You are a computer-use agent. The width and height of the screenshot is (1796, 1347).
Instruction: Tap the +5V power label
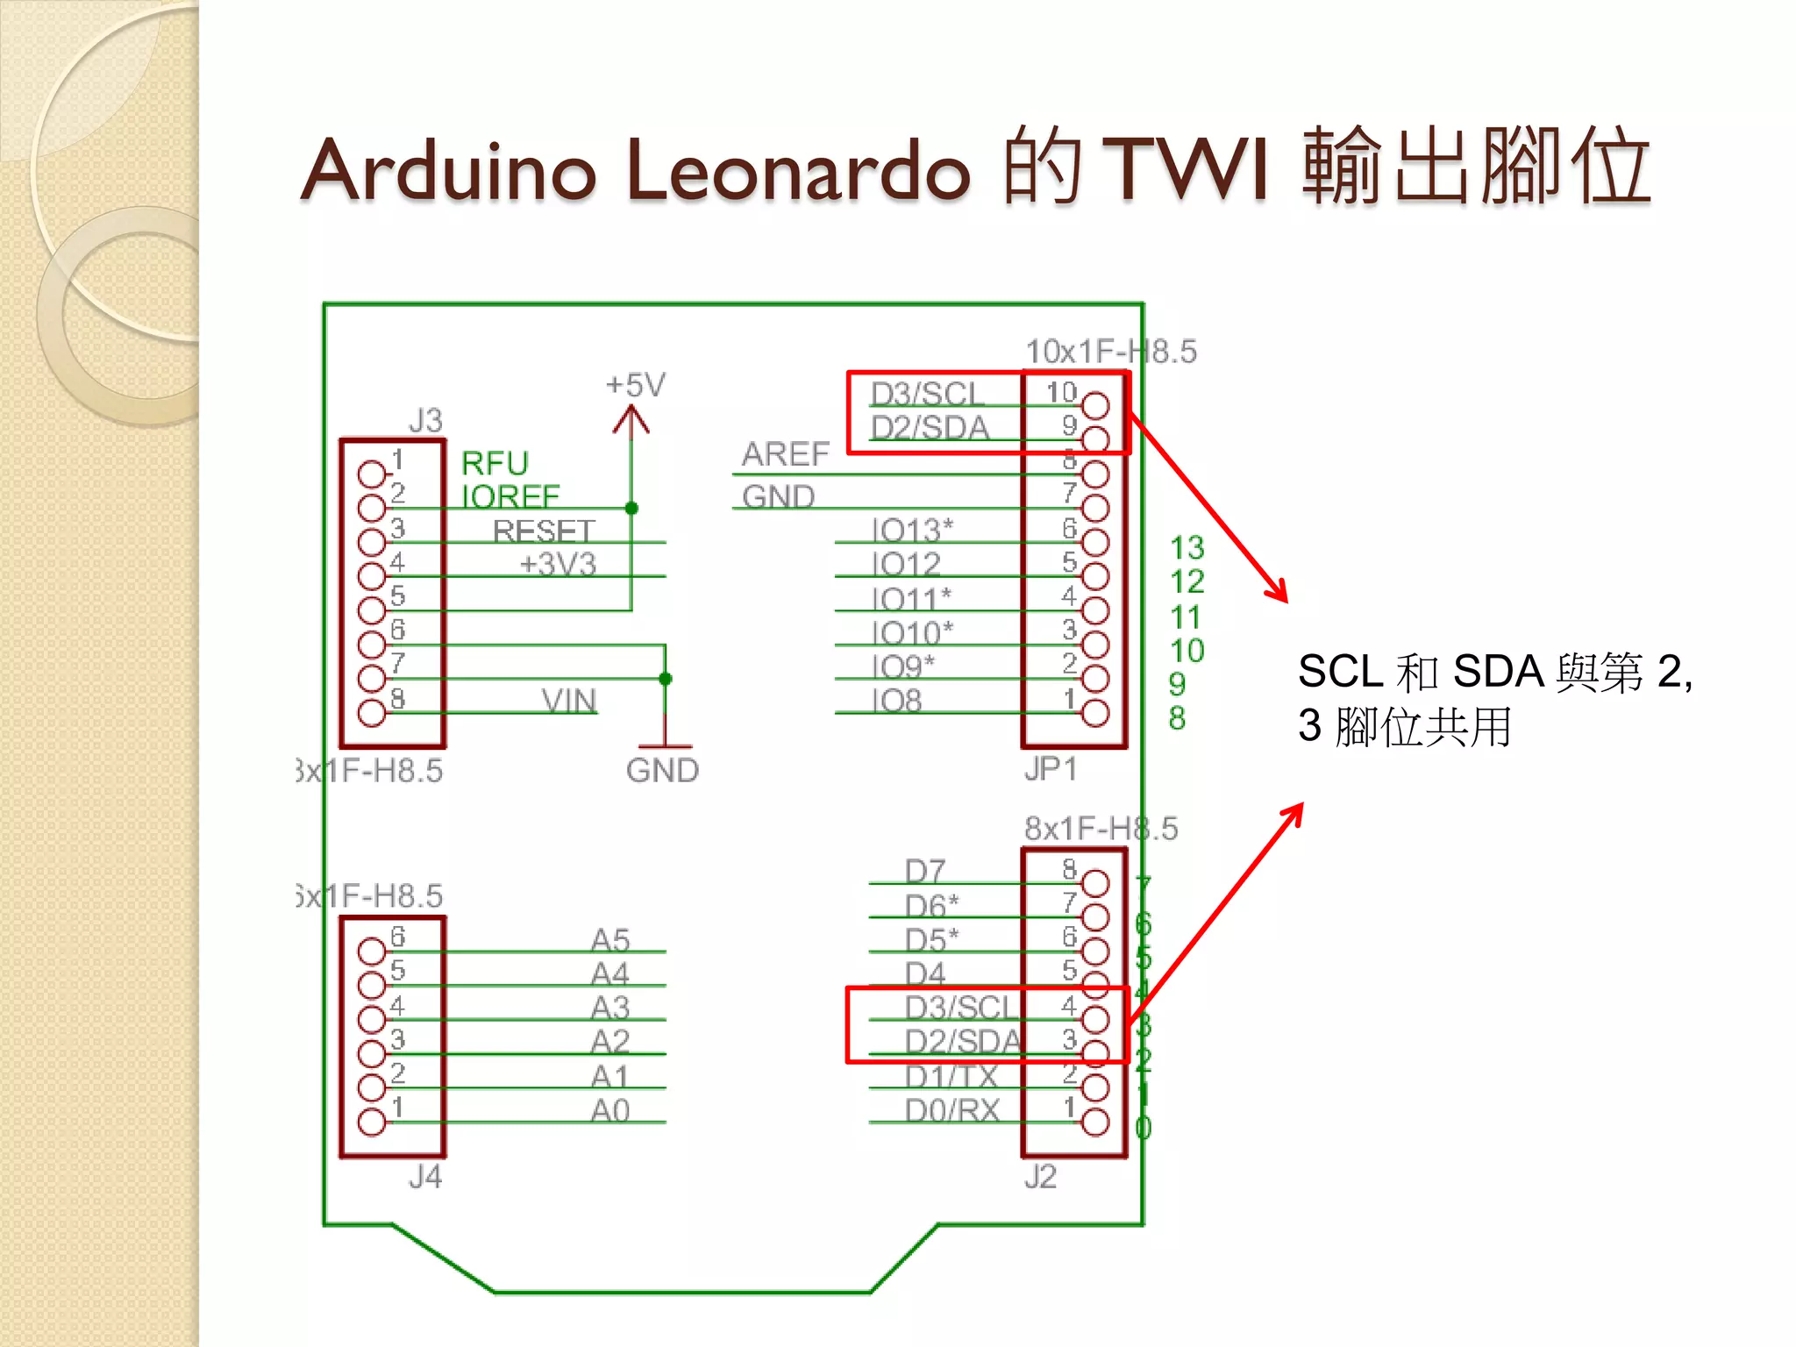(x=636, y=385)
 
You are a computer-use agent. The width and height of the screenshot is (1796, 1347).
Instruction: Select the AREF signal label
(x=785, y=454)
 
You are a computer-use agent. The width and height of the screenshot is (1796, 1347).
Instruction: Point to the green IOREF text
(x=510, y=497)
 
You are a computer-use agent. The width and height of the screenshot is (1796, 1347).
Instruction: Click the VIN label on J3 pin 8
(x=569, y=701)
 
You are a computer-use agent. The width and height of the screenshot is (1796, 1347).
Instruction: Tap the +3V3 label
(x=558, y=564)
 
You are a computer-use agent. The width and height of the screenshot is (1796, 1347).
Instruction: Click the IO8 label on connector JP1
(x=896, y=701)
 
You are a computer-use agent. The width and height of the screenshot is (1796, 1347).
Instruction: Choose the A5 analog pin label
(x=610, y=940)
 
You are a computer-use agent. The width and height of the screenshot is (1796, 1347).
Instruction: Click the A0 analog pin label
(x=610, y=1111)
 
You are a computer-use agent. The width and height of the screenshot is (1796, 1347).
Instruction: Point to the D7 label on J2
(x=925, y=872)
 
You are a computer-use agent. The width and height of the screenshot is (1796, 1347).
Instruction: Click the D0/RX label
(x=952, y=1111)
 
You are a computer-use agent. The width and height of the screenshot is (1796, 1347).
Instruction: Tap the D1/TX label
(x=951, y=1076)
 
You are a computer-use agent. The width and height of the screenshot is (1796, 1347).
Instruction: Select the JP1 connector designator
(x=1051, y=769)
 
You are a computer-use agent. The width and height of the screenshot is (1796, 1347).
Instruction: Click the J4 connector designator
(x=425, y=1177)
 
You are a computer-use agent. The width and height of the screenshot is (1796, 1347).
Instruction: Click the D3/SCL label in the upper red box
(x=928, y=394)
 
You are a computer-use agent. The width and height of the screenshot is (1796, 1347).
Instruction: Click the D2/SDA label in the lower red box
(x=963, y=1042)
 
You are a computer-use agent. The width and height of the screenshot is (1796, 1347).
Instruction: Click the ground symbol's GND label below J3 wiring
(x=662, y=771)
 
